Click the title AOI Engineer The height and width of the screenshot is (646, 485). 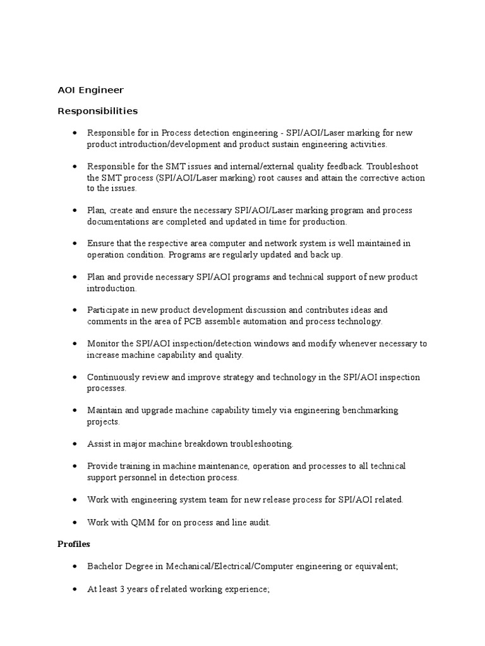[x=90, y=90]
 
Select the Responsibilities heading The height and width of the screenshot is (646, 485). [x=97, y=111]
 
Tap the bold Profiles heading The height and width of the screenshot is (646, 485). [x=74, y=544]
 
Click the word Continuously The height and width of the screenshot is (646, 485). [x=114, y=377]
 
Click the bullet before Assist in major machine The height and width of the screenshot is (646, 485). [x=75, y=444]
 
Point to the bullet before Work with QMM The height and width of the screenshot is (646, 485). [x=75, y=523]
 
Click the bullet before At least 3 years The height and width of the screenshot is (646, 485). [x=75, y=589]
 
